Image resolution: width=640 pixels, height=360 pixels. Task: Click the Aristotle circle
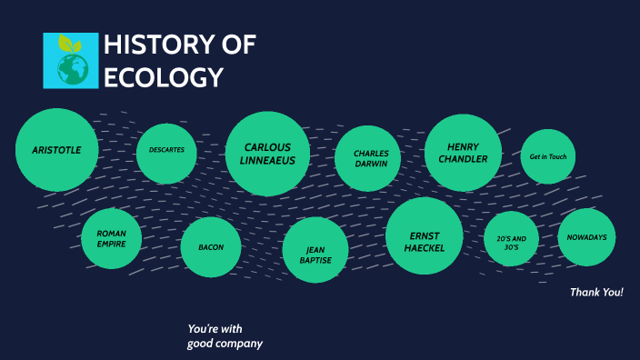coord(56,150)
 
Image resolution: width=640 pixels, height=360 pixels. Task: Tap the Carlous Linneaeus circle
coord(267,154)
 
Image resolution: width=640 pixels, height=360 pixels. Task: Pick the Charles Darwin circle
coord(368,158)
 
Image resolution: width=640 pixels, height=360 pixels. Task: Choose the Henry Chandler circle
coord(463,153)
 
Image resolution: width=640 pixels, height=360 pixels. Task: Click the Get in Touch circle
coord(547,156)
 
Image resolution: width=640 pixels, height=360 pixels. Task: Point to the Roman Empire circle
coord(111,239)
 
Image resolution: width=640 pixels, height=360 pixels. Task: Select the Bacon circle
coord(211,247)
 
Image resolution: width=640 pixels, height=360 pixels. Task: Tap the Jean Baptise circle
coord(315,255)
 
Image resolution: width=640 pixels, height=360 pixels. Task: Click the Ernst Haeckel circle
coord(425,235)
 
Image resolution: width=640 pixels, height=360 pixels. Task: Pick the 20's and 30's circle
coord(511,239)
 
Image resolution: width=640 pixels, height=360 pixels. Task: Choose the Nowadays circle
coord(586,237)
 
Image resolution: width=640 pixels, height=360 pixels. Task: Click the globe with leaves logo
coord(71,61)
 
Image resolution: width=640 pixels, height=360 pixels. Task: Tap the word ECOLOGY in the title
coord(164,78)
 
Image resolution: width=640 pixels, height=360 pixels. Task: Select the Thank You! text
coord(596,292)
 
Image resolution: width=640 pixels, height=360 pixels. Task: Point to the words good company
coord(225,344)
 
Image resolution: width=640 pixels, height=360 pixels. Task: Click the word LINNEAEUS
coord(267,161)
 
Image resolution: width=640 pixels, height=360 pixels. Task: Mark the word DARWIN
coord(371,165)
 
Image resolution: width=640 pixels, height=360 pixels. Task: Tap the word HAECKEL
coord(425,247)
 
